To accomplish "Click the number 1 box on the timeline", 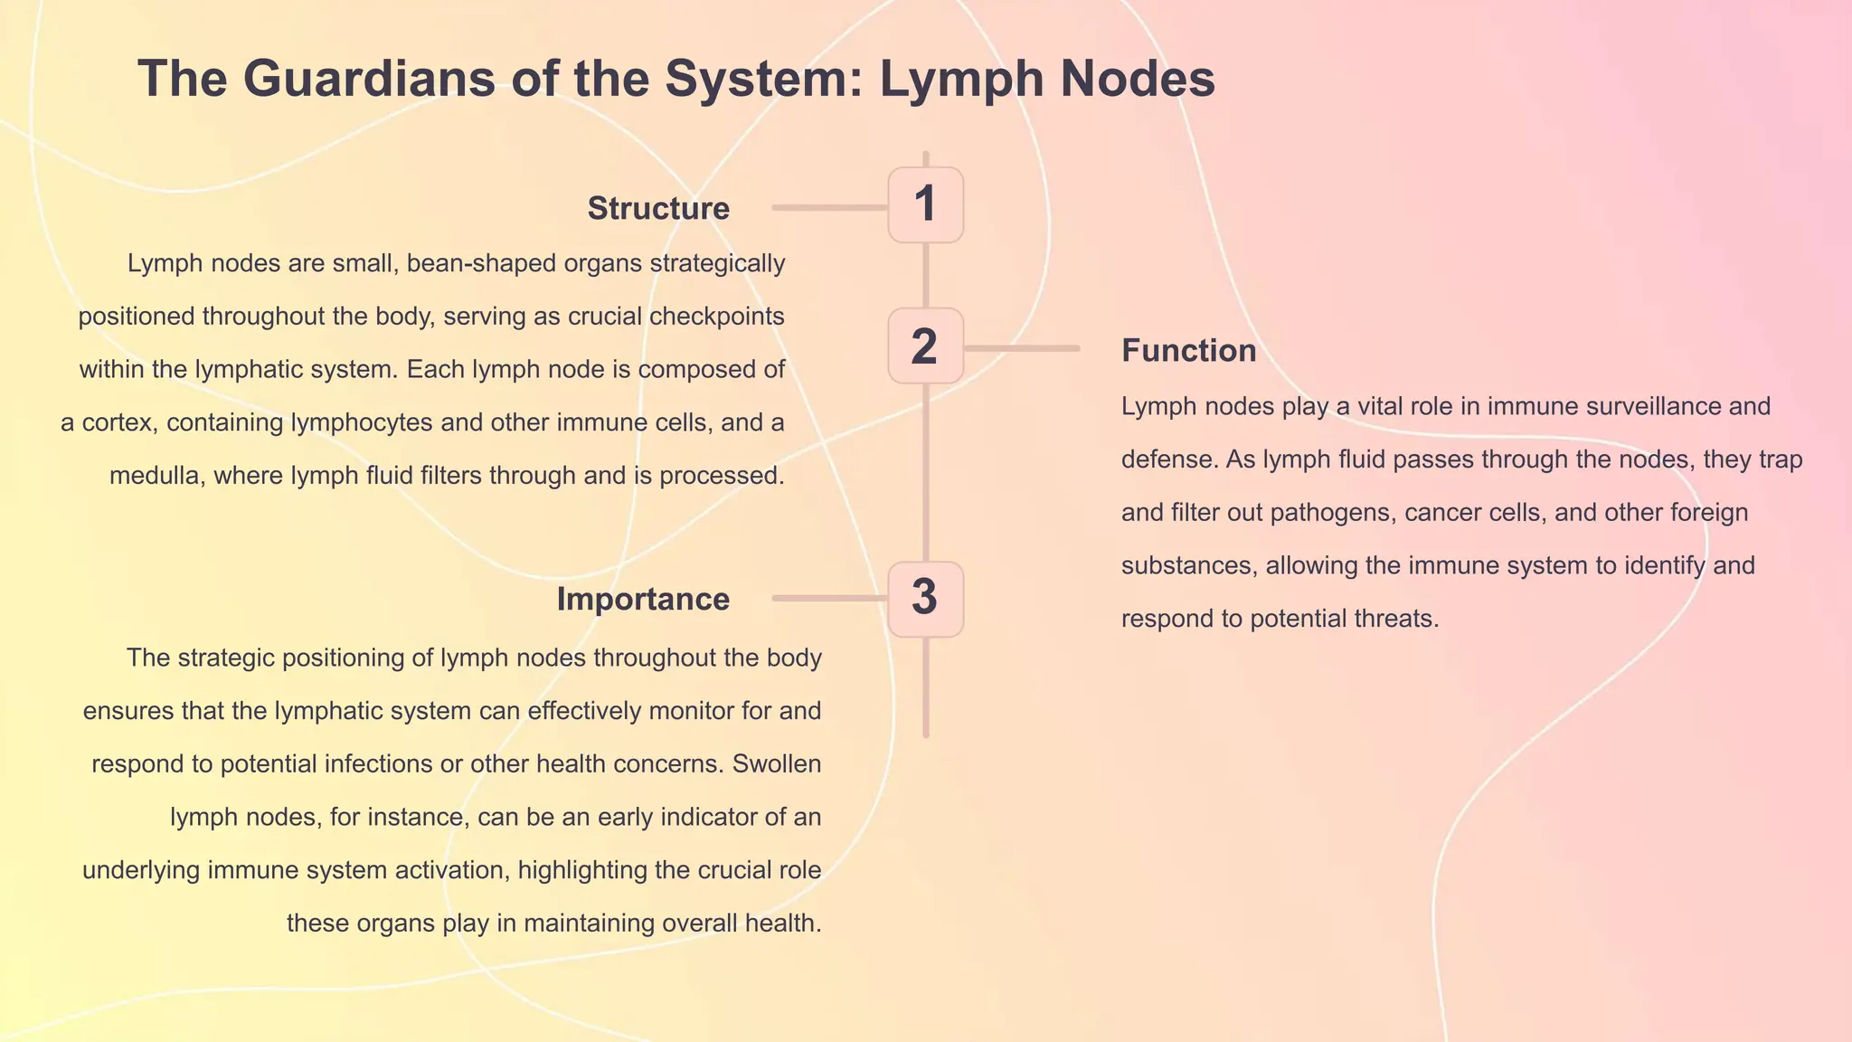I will (925, 204).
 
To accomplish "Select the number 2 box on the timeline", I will (925, 346).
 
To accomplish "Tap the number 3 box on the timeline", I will (925, 599).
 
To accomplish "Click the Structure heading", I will (658, 209).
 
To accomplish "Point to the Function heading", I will (1188, 351).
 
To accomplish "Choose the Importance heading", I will (643, 600).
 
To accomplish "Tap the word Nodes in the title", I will (1138, 79).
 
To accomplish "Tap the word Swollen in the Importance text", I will (777, 764).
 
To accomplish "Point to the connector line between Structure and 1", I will (829, 208).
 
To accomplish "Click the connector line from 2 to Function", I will (1022, 348).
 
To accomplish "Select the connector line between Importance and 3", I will (829, 599).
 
